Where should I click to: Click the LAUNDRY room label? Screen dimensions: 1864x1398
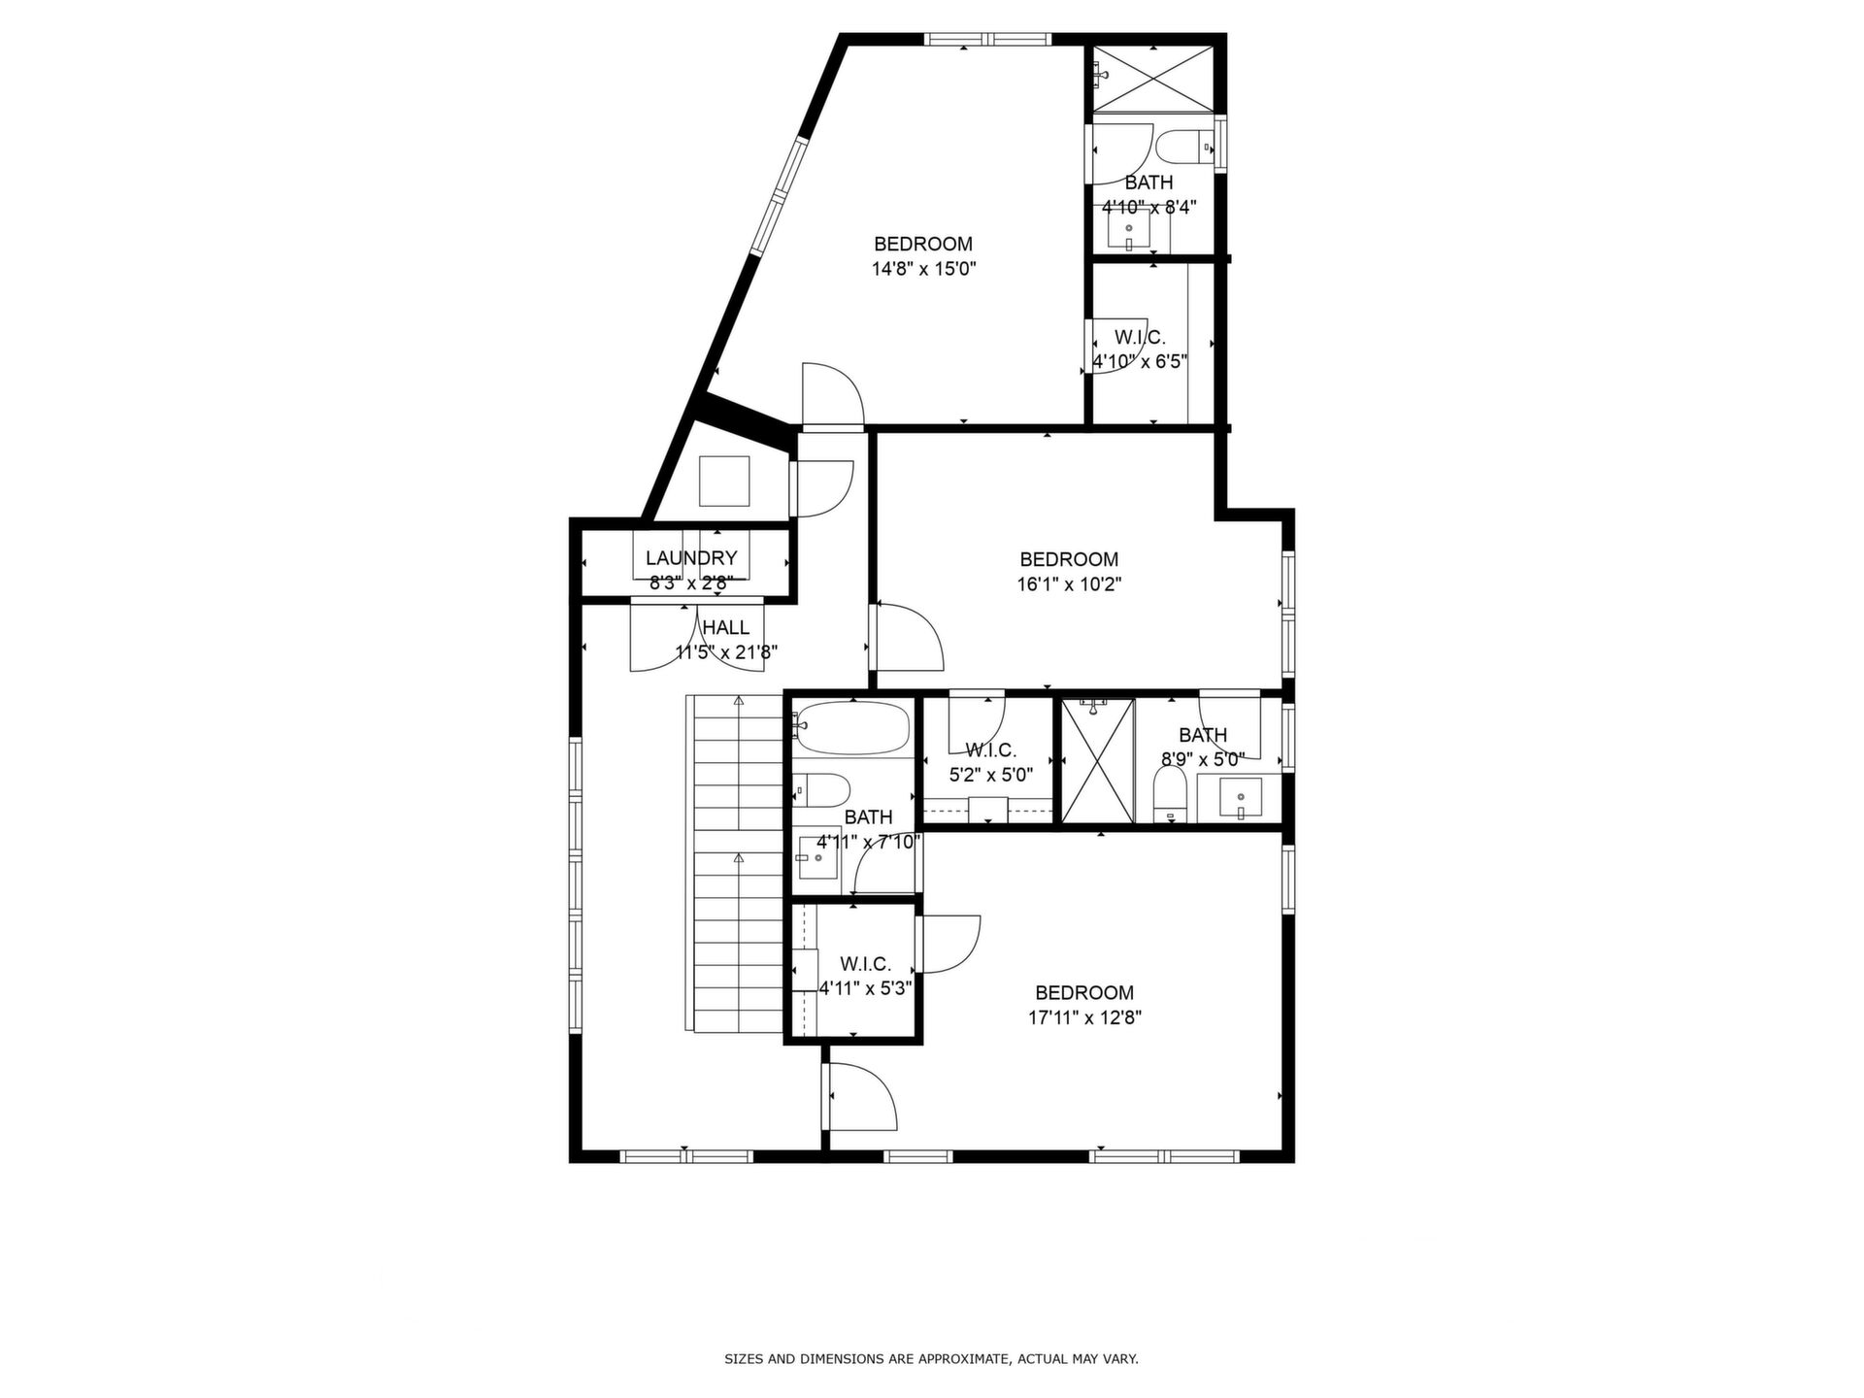coord(691,558)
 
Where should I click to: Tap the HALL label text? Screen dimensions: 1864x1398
coord(726,627)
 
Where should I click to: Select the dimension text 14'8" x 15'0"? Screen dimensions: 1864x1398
coord(923,269)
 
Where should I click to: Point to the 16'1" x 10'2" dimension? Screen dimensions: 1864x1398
coord(1069,584)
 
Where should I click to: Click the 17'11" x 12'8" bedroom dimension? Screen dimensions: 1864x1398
coord(1084,1018)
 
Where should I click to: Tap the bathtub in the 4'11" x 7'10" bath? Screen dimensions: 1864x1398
coord(852,730)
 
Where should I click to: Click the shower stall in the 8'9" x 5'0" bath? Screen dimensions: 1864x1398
coord(1097,761)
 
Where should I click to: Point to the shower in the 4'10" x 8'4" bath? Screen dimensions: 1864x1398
coord(1152,78)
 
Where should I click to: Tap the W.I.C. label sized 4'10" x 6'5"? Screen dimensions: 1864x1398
coord(1140,338)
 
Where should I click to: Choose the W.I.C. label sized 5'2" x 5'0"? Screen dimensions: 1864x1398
coord(991,750)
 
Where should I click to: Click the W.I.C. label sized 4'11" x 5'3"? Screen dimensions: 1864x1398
coord(865,964)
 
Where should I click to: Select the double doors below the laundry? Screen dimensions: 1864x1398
coord(698,636)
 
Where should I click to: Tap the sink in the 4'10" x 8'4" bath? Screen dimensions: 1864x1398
coord(1128,229)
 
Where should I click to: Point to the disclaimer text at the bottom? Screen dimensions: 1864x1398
coord(931,1359)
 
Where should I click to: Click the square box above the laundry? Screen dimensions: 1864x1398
coord(724,482)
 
